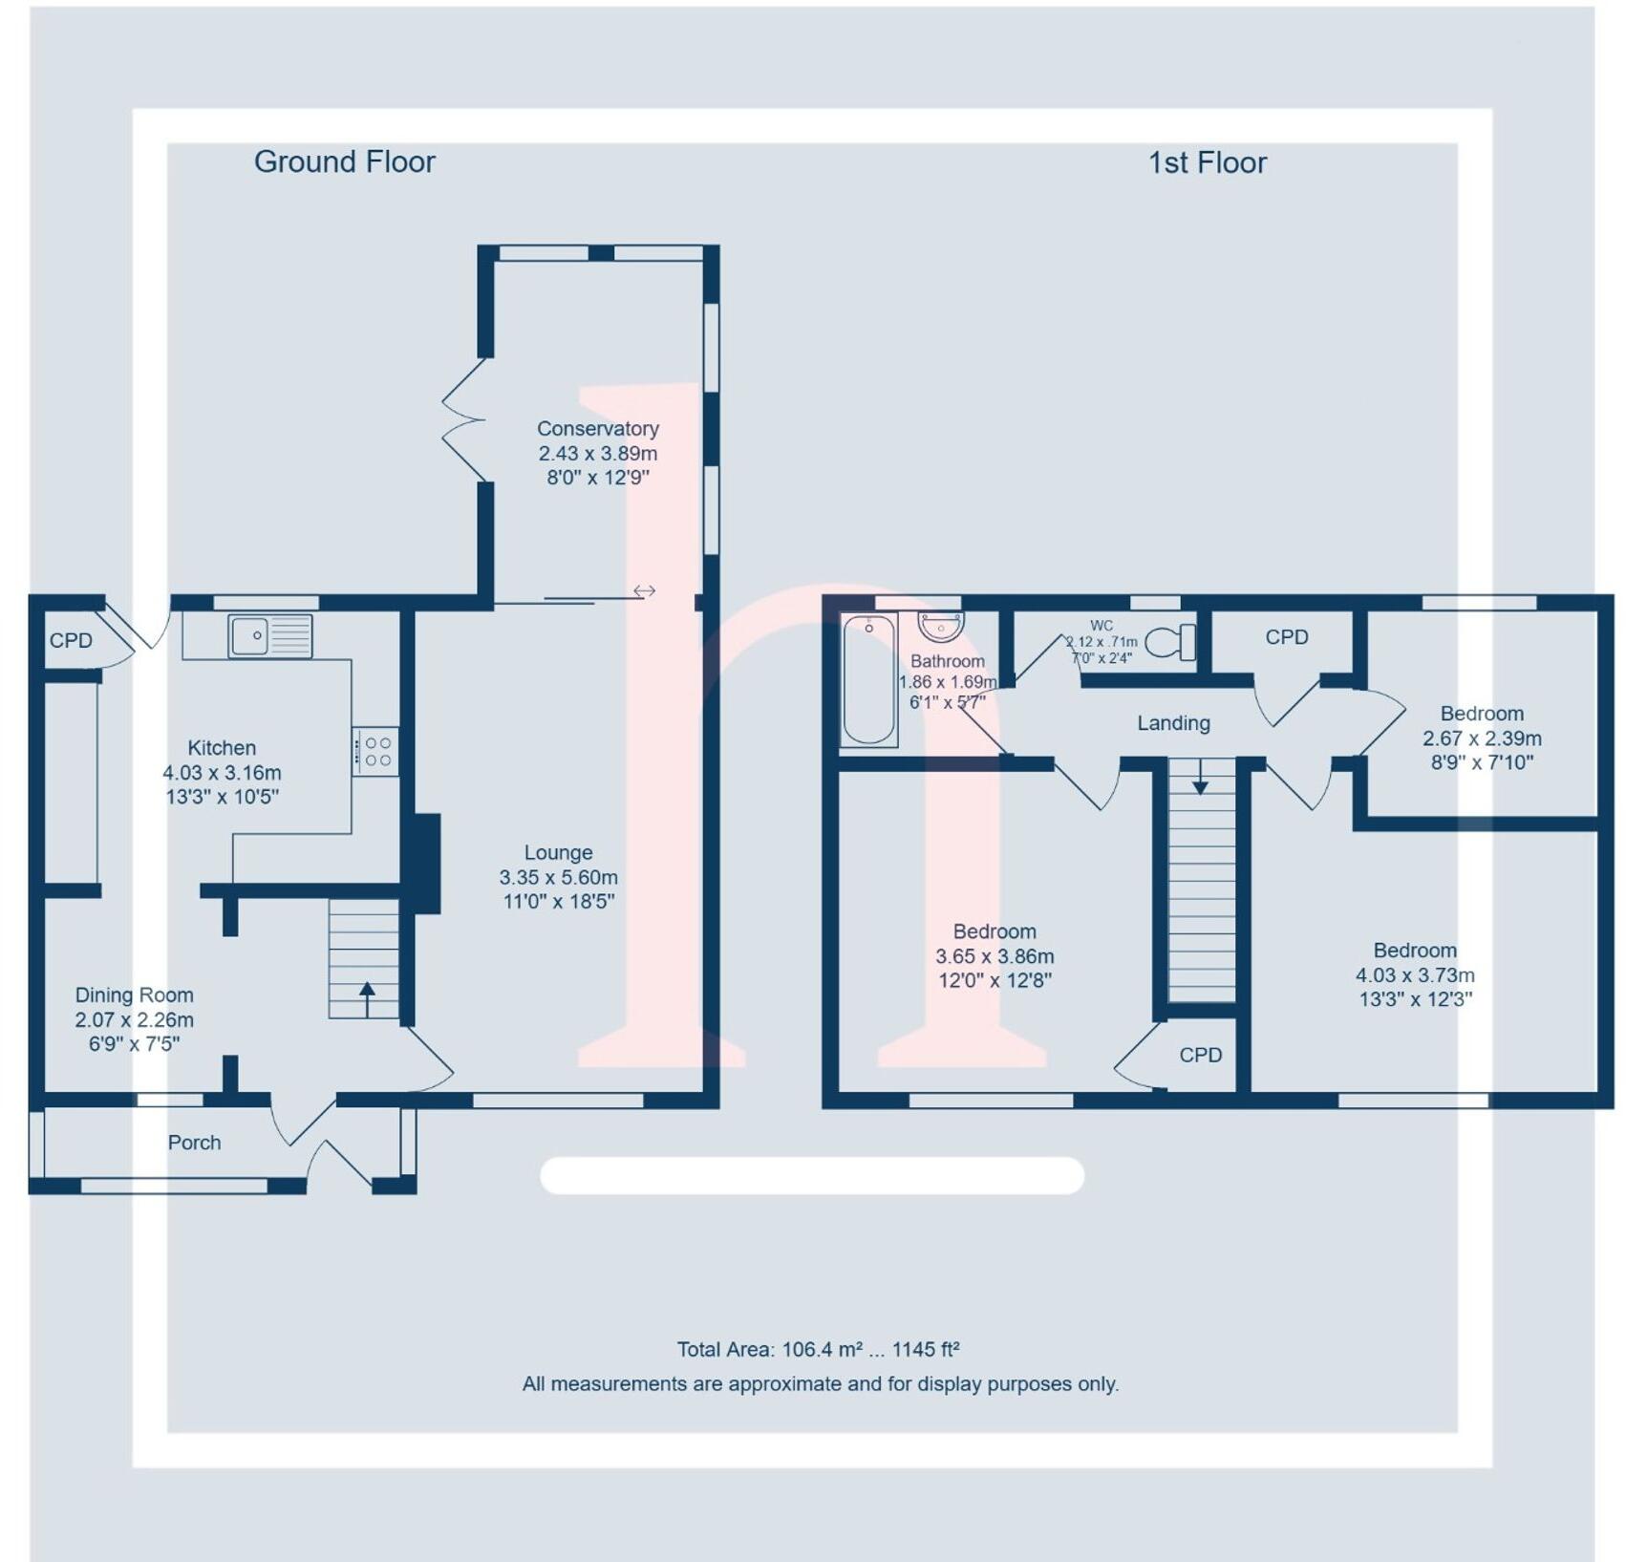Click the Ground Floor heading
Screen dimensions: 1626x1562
(x=344, y=162)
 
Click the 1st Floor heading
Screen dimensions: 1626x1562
(x=1207, y=162)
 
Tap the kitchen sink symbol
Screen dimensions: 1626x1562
(x=270, y=636)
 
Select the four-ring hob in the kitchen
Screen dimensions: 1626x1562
(x=375, y=751)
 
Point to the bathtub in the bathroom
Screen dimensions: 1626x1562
(x=868, y=679)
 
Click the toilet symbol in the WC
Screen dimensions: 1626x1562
(x=1170, y=643)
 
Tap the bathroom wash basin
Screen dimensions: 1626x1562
(x=941, y=627)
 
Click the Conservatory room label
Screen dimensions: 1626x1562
(x=598, y=429)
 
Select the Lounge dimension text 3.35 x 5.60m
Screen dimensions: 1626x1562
(x=558, y=877)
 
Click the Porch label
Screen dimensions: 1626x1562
(x=194, y=1143)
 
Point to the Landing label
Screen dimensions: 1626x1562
(x=1173, y=723)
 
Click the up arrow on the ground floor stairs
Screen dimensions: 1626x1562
(x=367, y=999)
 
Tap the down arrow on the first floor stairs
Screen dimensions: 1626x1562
(x=1200, y=776)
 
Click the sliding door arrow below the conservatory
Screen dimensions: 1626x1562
(x=645, y=591)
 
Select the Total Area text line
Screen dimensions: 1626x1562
(x=818, y=1350)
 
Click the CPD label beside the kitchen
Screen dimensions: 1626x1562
(x=71, y=640)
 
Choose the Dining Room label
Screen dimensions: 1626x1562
(x=134, y=995)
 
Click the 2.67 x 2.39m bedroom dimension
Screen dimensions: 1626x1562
(x=1482, y=738)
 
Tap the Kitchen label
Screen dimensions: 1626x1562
(x=222, y=748)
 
